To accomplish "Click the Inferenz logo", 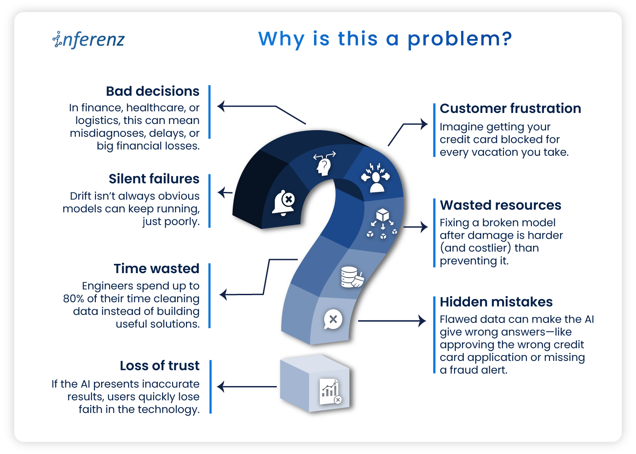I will coord(89,39).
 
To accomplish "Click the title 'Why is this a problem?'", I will coord(385,39).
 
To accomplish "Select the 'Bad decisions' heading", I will coord(152,91).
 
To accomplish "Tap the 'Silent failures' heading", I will coord(154,179).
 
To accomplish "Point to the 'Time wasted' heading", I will coord(156,269).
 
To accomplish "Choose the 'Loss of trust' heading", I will coord(159,366).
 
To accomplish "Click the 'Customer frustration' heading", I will coord(510,109).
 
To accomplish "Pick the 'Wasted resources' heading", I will coord(500,205).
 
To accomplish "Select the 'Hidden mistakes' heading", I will coord(496,302).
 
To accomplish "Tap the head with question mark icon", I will coord(324,164).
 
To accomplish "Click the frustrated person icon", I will coord(376,177).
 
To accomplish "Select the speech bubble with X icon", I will coord(333,319).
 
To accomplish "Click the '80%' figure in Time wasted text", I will coord(73,299).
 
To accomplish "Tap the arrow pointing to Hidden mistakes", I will coord(391,321).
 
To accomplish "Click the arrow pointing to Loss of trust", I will coord(247,387).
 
